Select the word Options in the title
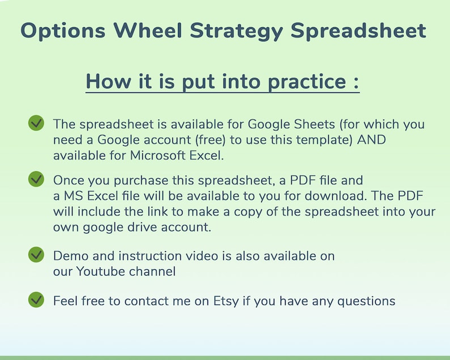(63, 31)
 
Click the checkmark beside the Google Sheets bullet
(36, 122)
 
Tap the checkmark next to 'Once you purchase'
(36, 179)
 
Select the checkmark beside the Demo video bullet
(36, 255)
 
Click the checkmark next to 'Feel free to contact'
(36, 299)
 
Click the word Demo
(70, 256)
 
